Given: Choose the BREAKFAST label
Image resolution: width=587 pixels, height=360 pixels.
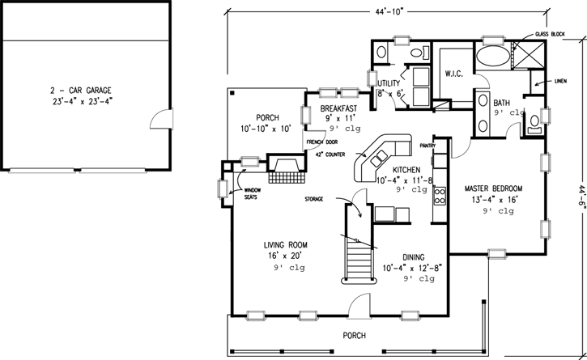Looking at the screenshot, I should pyautogui.click(x=340, y=108).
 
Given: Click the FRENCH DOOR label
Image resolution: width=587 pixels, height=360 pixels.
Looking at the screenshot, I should pyautogui.click(x=321, y=142).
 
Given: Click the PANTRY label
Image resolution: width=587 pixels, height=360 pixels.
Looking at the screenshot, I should pyautogui.click(x=427, y=146).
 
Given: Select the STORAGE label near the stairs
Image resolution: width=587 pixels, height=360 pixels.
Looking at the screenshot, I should pyautogui.click(x=314, y=198).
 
